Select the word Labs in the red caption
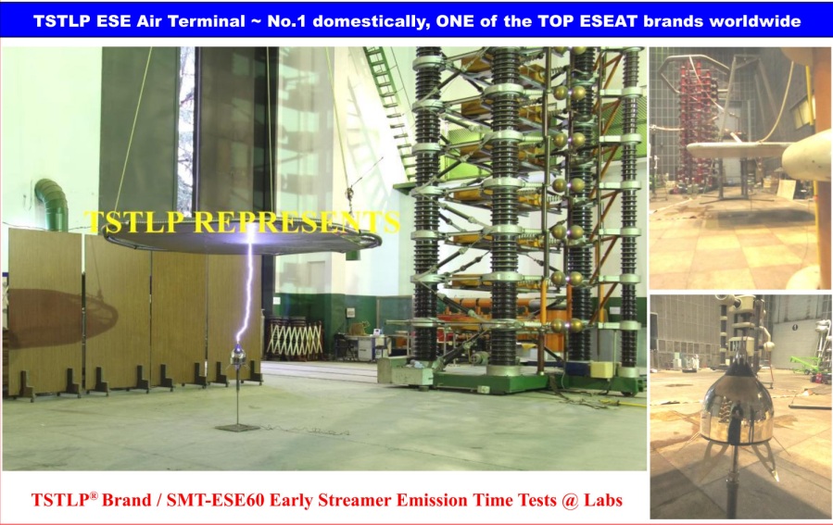(x=603, y=500)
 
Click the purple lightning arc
(x=246, y=289)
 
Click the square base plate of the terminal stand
(x=237, y=428)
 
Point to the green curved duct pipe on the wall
(x=53, y=202)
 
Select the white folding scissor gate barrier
(x=294, y=339)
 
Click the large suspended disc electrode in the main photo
(x=243, y=242)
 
